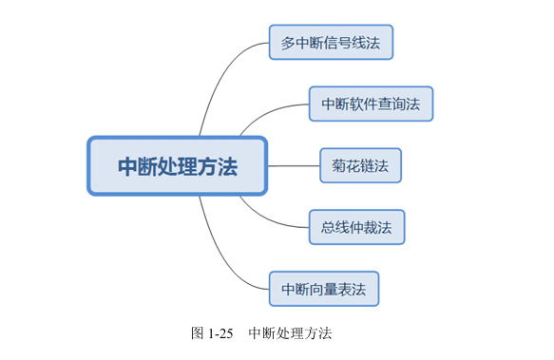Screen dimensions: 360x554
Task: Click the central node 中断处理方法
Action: (x=178, y=166)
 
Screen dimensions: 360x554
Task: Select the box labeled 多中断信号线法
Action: (x=331, y=43)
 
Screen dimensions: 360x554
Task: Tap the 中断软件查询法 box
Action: (x=371, y=104)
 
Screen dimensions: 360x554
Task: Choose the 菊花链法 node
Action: (x=360, y=165)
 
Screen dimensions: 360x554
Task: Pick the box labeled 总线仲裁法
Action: (x=356, y=227)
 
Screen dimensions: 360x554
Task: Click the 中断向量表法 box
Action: (x=323, y=288)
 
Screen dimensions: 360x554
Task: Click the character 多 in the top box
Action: (x=288, y=43)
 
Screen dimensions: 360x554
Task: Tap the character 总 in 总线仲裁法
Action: (x=327, y=227)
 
